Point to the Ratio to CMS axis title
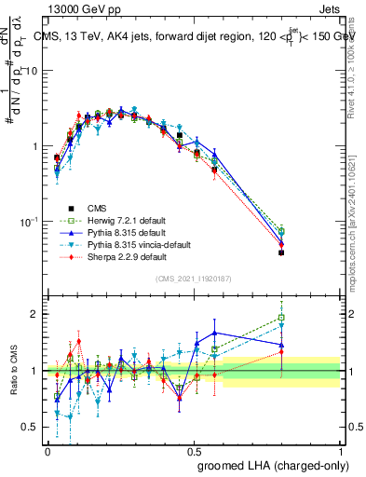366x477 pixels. (x=14, y=371)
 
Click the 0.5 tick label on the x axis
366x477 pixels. (x=194, y=451)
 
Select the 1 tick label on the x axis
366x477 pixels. (x=340, y=451)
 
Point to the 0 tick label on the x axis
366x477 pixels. (x=47, y=451)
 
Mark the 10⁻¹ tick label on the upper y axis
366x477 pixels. (x=30, y=222)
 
